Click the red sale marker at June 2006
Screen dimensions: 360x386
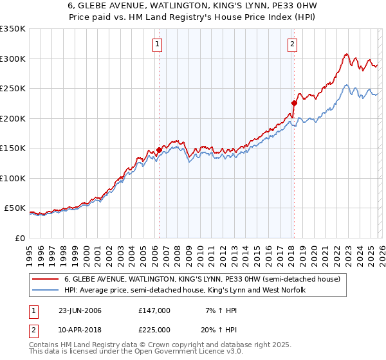point(159,150)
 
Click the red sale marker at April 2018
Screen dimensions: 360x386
point(293,103)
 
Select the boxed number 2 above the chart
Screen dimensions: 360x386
point(293,44)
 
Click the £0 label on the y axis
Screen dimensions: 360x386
point(19,238)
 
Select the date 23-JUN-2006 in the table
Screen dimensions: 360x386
point(80,310)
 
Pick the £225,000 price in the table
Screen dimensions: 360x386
point(154,329)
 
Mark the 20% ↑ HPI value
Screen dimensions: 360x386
point(219,329)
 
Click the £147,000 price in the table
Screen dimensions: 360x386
point(154,310)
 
